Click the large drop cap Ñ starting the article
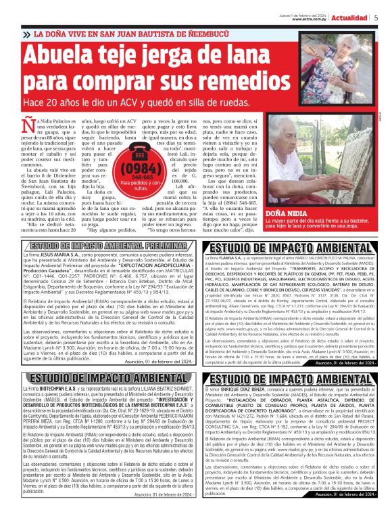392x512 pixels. [x=28, y=127]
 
